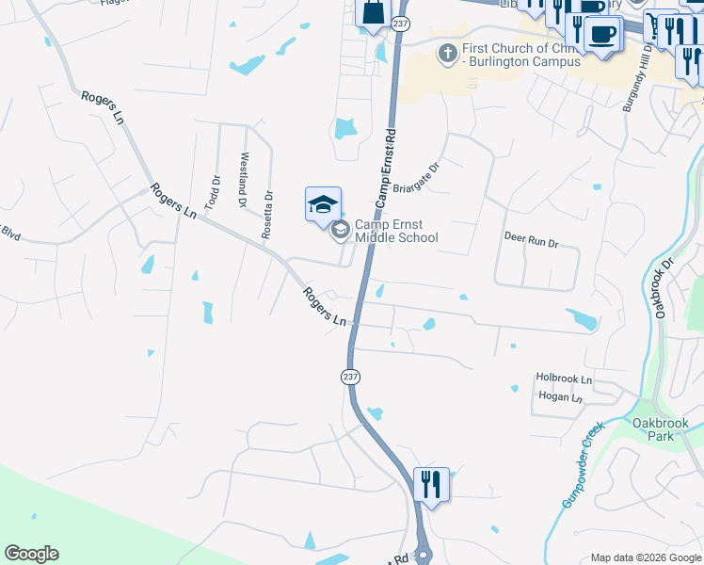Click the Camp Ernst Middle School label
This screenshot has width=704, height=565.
coord(396,232)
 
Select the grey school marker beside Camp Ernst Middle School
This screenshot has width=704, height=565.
coord(340,227)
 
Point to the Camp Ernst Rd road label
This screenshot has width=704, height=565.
coord(387,170)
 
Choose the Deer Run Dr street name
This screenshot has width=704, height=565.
coord(531,241)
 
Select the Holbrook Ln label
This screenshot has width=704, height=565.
coord(564,379)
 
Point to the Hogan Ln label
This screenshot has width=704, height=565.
coord(561,397)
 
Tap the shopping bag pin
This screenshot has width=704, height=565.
coord(373,14)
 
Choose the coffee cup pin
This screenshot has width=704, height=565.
coord(601,35)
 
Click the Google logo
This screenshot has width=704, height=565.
coord(31,554)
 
